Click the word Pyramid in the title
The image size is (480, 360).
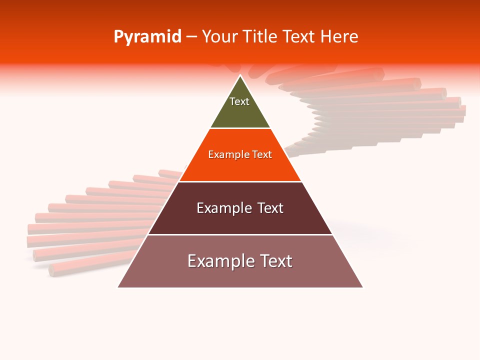click(x=147, y=37)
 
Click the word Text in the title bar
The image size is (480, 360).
click(x=299, y=37)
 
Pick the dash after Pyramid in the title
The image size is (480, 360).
click(x=191, y=37)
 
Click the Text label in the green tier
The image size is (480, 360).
click(x=239, y=101)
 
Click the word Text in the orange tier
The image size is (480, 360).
click(x=262, y=155)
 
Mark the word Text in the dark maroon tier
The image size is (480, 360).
click(x=270, y=208)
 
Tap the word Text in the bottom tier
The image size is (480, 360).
click(x=275, y=261)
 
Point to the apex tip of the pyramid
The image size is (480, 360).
click(x=240, y=76)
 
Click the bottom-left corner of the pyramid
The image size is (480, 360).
click(x=119, y=286)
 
